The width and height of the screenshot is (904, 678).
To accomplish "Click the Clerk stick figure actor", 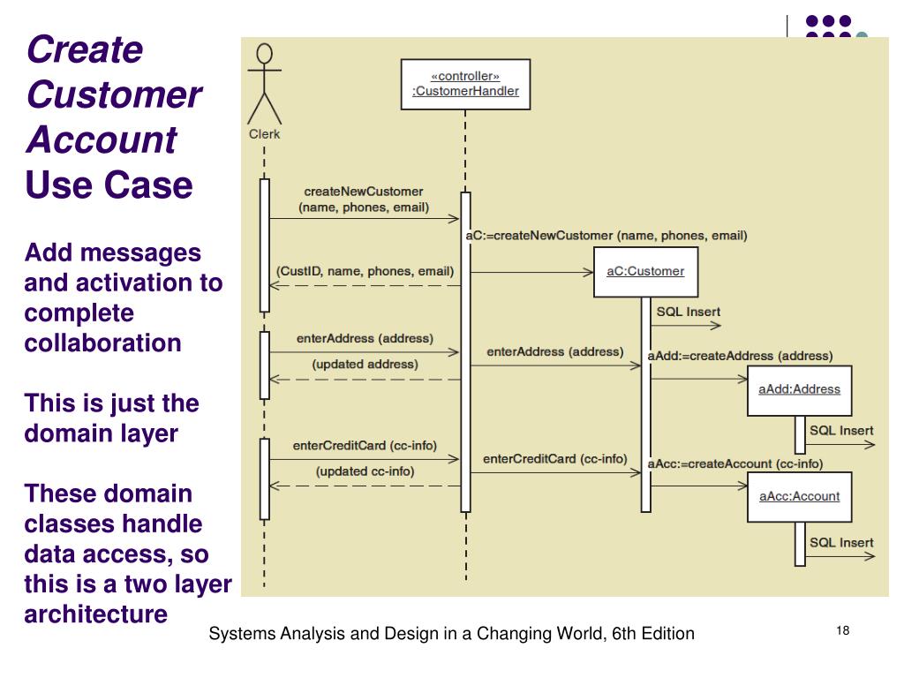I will point(264,86).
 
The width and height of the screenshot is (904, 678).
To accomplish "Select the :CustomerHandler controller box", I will point(465,84).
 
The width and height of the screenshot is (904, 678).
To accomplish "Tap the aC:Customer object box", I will point(645,271).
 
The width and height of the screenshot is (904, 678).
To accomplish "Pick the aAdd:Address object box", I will point(799,389).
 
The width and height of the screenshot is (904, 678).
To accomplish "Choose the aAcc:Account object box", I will point(799,496).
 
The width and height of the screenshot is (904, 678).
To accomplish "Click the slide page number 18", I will point(841,630).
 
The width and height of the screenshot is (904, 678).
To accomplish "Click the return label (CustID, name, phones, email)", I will point(365,271).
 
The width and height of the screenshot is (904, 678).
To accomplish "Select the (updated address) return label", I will point(365,364).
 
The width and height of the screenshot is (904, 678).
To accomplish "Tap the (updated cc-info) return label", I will point(365,471).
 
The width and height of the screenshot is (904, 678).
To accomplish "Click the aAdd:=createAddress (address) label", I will point(740,356).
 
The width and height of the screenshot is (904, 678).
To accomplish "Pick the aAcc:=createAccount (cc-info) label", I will point(735,463).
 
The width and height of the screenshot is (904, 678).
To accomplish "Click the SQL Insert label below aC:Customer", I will point(688,312).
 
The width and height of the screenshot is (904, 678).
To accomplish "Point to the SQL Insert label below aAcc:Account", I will point(841,542).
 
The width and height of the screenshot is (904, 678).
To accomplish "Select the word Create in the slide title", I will point(84,49).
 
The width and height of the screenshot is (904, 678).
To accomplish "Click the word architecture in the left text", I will point(95,614).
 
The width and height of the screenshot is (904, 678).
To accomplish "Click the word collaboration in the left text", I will point(102,343).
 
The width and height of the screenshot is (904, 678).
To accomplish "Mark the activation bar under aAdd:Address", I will point(800,434).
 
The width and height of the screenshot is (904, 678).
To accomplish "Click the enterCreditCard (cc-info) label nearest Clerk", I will point(365,445).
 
